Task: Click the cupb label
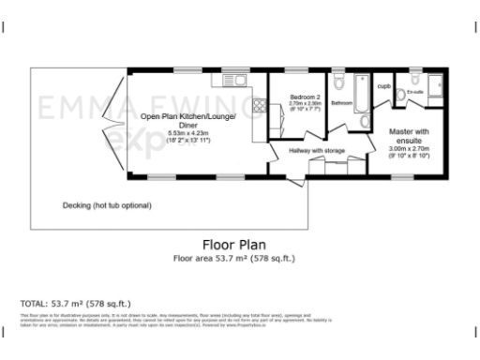point(382,87)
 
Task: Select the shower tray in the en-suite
point(437,85)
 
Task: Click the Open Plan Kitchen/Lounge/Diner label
point(188,120)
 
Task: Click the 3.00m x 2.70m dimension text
point(409,148)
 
